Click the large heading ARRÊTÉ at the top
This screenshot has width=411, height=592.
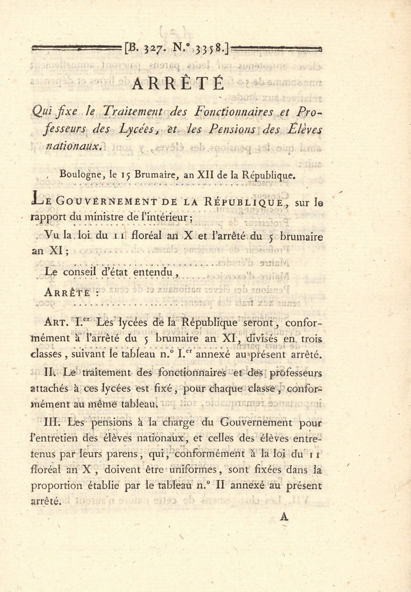178,83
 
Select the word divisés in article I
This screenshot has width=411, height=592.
262,339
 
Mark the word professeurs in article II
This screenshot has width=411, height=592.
293,373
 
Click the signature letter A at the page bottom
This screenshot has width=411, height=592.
284,516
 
